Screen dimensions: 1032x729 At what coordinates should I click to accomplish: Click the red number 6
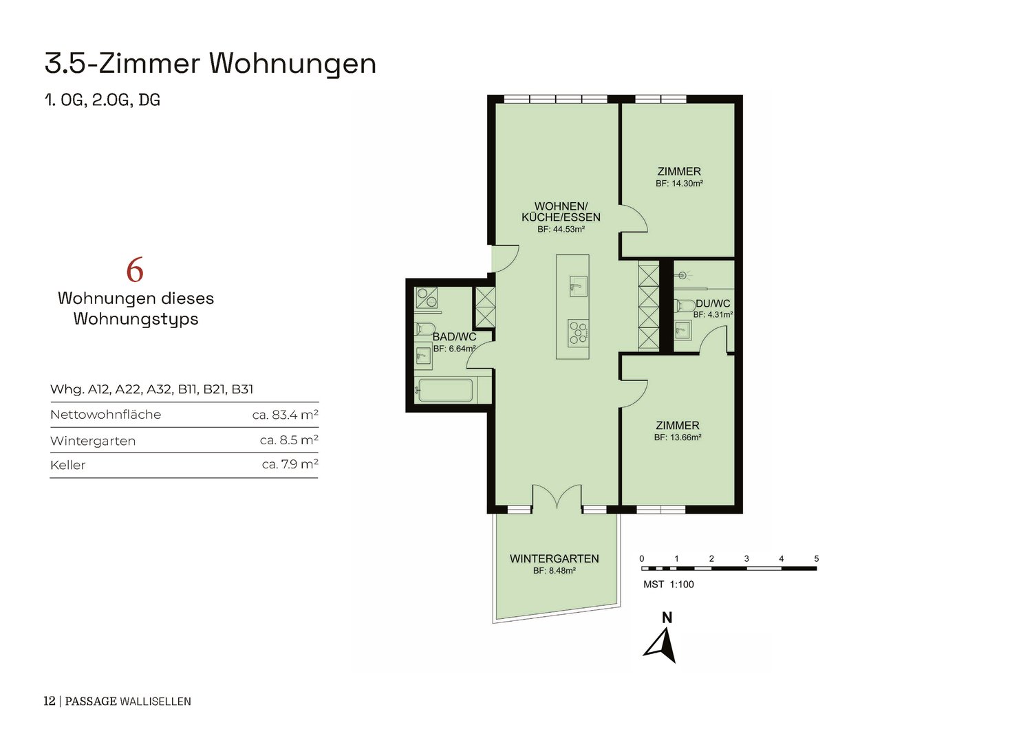click(x=135, y=270)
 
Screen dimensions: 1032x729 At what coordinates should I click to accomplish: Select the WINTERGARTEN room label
click(x=555, y=558)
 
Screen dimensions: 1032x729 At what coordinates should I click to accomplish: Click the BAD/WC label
click(x=454, y=337)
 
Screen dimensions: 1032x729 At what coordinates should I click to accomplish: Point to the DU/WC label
click(x=713, y=303)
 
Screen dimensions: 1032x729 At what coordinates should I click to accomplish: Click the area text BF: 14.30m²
click(x=679, y=184)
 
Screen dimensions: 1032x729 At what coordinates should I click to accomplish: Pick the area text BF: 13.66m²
click(x=678, y=437)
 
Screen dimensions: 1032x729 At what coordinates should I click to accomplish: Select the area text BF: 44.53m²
click(x=561, y=229)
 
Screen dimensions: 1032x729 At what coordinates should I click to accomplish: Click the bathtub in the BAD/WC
click(x=445, y=390)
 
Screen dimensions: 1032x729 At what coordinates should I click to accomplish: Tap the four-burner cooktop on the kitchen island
click(x=579, y=332)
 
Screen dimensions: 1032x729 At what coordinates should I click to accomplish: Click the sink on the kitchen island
click(x=578, y=287)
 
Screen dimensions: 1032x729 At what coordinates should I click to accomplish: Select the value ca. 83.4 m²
click(x=286, y=415)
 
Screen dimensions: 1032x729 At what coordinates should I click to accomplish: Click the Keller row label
click(x=67, y=465)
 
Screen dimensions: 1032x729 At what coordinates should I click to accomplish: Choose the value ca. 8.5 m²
click(x=289, y=440)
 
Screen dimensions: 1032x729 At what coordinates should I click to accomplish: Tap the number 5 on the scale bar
click(x=817, y=558)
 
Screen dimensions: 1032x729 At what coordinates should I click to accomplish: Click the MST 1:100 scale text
click(x=669, y=585)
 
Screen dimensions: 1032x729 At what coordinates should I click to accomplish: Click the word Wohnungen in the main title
click(x=293, y=64)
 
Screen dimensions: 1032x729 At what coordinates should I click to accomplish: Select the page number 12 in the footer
click(x=50, y=701)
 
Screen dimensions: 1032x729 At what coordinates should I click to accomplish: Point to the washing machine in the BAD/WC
click(x=427, y=298)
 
